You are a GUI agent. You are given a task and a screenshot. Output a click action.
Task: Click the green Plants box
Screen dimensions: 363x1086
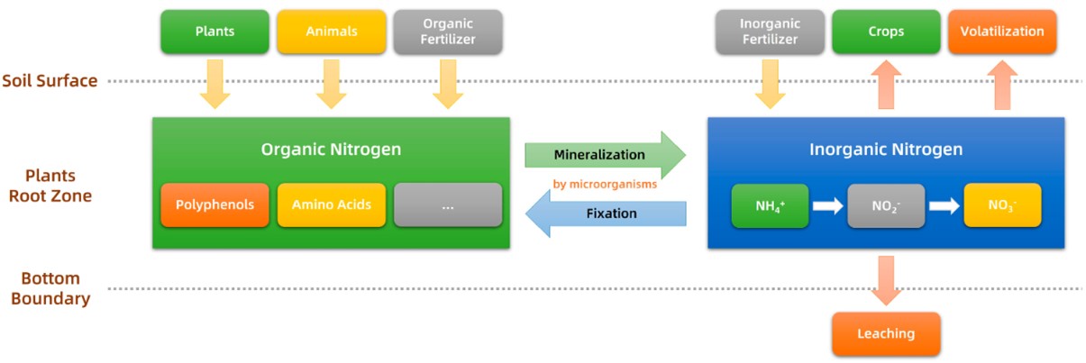tap(214, 32)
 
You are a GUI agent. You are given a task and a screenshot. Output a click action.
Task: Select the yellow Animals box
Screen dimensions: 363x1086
tap(331, 32)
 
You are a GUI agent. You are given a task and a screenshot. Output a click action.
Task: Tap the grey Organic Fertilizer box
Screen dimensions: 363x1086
tap(448, 32)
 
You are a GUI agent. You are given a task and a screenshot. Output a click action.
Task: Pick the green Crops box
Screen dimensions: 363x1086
tap(885, 32)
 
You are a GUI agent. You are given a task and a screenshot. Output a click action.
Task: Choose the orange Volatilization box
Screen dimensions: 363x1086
tap(1001, 32)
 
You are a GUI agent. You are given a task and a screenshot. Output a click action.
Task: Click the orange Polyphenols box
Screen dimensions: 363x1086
tap(214, 204)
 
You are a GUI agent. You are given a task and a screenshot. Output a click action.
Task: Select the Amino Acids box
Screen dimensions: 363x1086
tap(331, 204)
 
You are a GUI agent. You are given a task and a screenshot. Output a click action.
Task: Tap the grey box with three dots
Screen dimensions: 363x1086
tap(448, 204)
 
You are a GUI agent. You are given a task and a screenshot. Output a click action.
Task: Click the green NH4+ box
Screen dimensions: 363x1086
tap(769, 205)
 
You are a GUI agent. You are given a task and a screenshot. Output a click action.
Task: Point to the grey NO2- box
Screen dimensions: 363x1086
tap(885, 205)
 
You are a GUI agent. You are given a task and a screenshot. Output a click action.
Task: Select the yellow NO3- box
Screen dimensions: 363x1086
tap(1001, 205)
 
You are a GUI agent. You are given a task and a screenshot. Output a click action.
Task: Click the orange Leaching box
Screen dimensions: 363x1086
tap(885, 334)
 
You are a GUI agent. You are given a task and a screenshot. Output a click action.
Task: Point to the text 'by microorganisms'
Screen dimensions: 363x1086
tap(605, 185)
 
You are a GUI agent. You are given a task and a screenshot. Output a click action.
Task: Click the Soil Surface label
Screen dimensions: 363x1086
tap(50, 81)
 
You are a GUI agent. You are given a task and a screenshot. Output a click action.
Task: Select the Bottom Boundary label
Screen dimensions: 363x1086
tap(50, 288)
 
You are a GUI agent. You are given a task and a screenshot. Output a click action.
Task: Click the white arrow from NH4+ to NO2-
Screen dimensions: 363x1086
tap(826, 206)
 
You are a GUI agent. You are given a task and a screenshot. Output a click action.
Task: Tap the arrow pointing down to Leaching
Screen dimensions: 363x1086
tap(885, 279)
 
